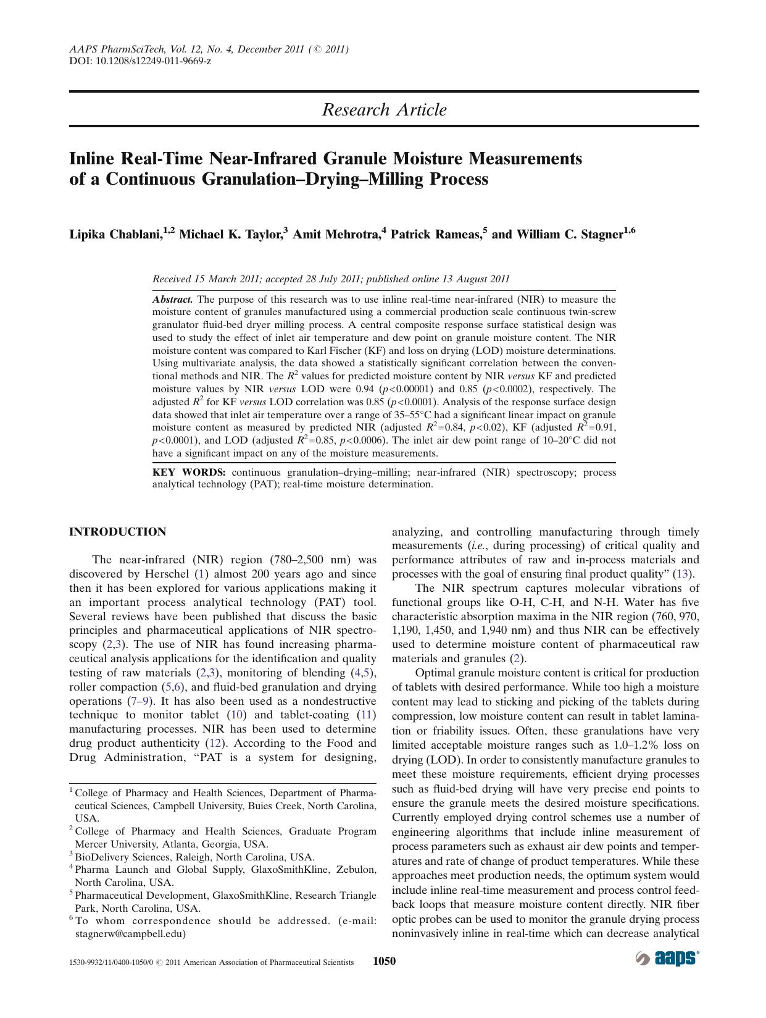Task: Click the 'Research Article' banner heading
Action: (x=384, y=110)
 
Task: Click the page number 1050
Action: (x=384, y=961)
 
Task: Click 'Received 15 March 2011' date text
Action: (x=205, y=279)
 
